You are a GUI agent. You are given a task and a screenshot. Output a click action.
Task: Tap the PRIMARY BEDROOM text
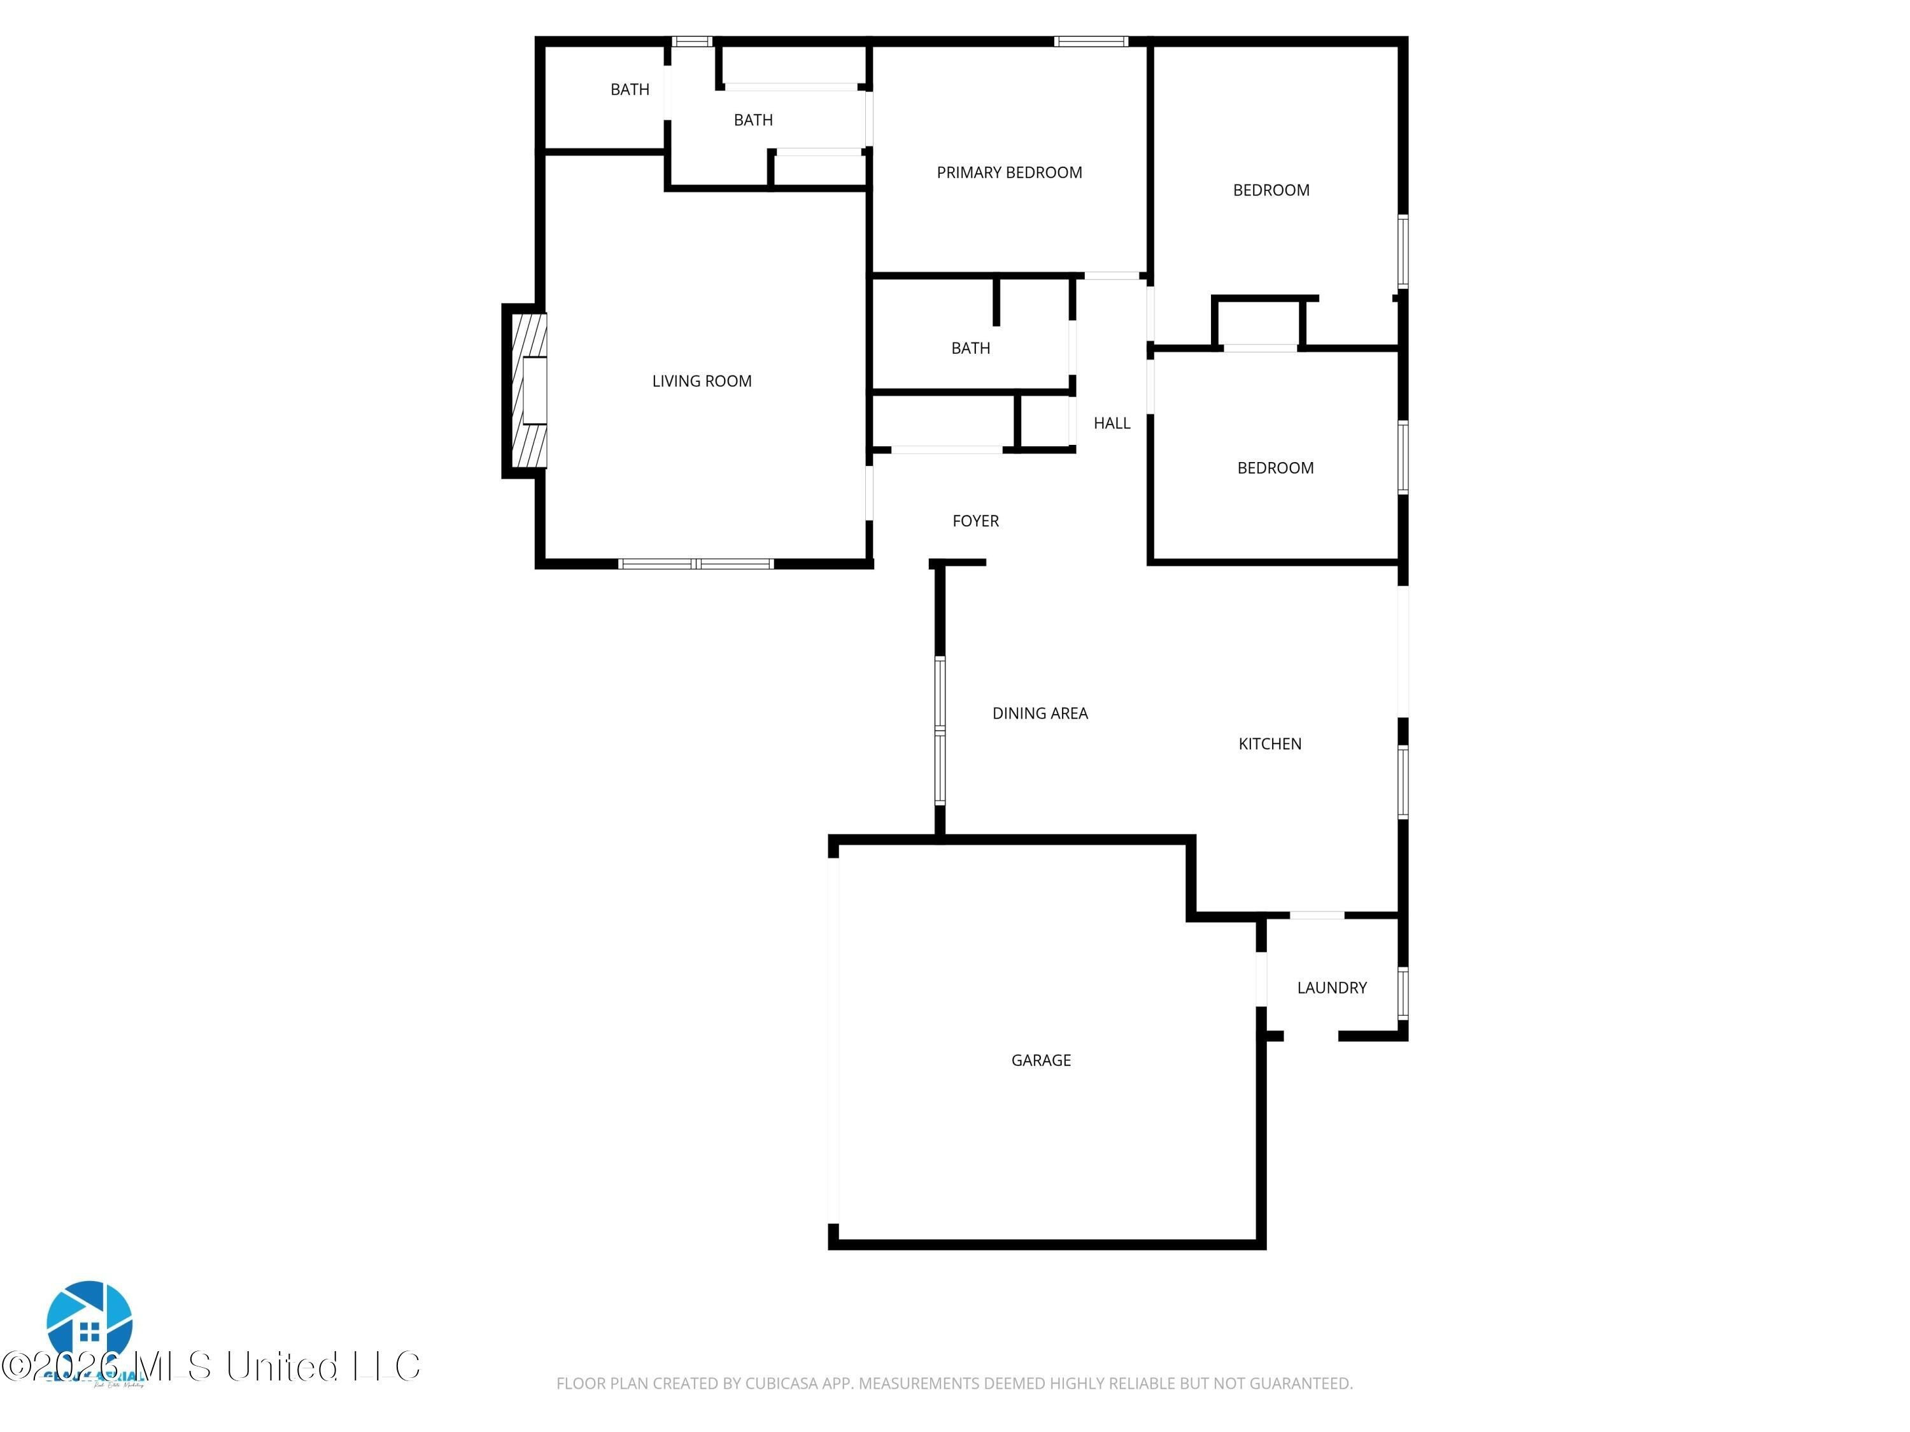click(1008, 172)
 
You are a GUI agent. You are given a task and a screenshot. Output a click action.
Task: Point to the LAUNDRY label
click(1331, 988)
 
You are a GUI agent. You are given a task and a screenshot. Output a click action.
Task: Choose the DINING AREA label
click(1040, 713)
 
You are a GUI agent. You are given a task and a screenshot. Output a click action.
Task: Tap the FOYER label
click(975, 521)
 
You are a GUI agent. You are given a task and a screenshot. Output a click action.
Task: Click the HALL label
click(1111, 423)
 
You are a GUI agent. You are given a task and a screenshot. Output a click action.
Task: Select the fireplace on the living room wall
click(528, 390)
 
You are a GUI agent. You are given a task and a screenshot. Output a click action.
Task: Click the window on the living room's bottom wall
click(696, 565)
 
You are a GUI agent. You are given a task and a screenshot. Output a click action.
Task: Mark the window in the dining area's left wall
click(940, 730)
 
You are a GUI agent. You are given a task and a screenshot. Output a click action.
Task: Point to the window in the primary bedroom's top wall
click(1091, 41)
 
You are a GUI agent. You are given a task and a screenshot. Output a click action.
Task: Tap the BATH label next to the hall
click(970, 348)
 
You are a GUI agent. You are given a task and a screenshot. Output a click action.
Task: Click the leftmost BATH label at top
click(630, 89)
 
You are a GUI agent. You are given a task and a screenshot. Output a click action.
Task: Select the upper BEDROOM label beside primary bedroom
click(1270, 190)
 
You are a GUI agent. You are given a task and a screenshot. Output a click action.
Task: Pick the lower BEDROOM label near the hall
click(1275, 468)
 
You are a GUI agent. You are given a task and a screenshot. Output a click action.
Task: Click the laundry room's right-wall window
click(1403, 993)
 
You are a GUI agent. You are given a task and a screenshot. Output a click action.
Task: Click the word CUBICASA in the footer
click(781, 1383)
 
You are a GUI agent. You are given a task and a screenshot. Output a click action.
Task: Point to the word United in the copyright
click(281, 1366)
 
